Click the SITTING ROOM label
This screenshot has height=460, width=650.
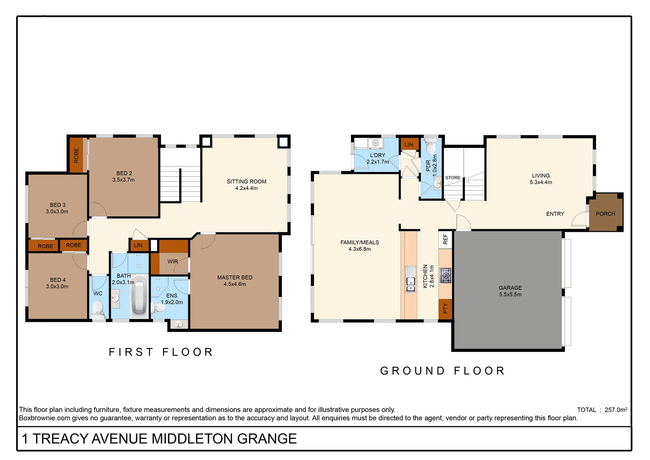(x=246, y=181)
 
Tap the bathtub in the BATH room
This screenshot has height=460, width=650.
(x=139, y=295)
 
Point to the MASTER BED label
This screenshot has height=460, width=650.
(x=235, y=277)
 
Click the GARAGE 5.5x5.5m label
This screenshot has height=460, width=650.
(x=510, y=291)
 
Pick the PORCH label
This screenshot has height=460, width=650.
(x=605, y=214)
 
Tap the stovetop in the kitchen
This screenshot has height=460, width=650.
(x=445, y=276)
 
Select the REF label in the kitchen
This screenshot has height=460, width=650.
(x=445, y=239)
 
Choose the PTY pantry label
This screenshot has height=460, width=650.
(x=445, y=308)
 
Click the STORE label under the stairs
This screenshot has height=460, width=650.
(x=453, y=178)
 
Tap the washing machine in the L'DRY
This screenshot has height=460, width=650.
(x=375, y=143)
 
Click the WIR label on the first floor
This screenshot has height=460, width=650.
(x=173, y=262)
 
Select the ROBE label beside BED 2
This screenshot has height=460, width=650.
(x=76, y=155)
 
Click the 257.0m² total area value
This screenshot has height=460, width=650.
(x=616, y=410)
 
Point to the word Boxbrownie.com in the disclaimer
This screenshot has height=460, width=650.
(x=45, y=418)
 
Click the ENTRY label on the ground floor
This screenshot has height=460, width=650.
(x=555, y=214)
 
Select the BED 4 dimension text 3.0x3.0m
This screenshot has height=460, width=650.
(x=57, y=287)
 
